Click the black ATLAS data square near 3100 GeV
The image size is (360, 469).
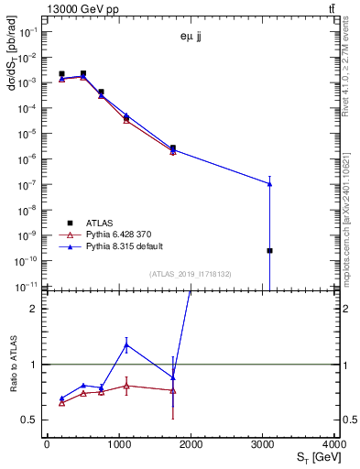(269, 250)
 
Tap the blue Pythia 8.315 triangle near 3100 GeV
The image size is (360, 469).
(269, 183)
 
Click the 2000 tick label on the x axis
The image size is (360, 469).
(191, 444)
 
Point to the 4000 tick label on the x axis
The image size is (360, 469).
(334, 444)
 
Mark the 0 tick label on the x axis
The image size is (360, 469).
(47, 444)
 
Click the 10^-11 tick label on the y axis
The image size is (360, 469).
(29, 286)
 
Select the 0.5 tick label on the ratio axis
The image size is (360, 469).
(32, 420)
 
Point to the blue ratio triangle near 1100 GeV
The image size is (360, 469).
(126, 344)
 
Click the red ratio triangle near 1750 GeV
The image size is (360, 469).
(172, 390)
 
